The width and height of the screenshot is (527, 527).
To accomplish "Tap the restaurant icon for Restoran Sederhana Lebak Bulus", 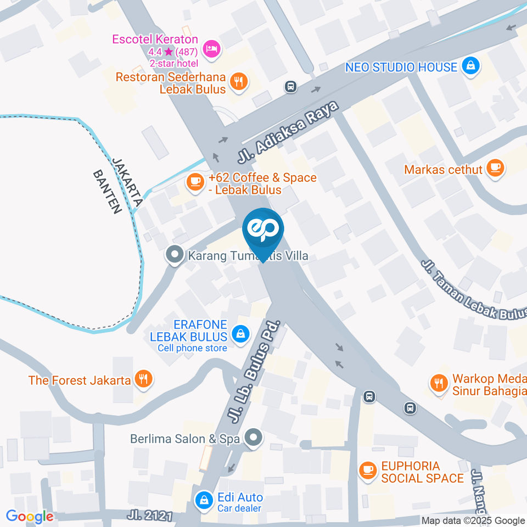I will point(239,82).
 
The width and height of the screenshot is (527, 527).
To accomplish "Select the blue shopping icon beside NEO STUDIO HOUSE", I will point(470,67).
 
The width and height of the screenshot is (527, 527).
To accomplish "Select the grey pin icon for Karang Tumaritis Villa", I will point(175,255).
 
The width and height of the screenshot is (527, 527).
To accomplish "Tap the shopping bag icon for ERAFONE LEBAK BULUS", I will point(240,333).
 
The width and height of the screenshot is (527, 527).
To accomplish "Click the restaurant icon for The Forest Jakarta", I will point(144,379).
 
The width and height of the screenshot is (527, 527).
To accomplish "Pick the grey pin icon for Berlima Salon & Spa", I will point(253,438).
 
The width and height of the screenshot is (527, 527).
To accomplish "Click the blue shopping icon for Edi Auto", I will point(204,500).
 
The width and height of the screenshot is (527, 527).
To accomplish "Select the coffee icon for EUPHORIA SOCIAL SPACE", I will point(367,470).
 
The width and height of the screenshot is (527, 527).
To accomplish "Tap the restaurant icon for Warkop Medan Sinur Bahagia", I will point(438,383).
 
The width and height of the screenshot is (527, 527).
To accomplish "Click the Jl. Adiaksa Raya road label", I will point(288,131).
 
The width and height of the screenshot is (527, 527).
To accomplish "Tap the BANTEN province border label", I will point(106,191).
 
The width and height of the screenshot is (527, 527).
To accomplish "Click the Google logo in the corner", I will point(30,516).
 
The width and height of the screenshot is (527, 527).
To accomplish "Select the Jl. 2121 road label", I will point(150,515).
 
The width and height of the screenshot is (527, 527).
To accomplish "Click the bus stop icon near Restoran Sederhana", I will point(290,86).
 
